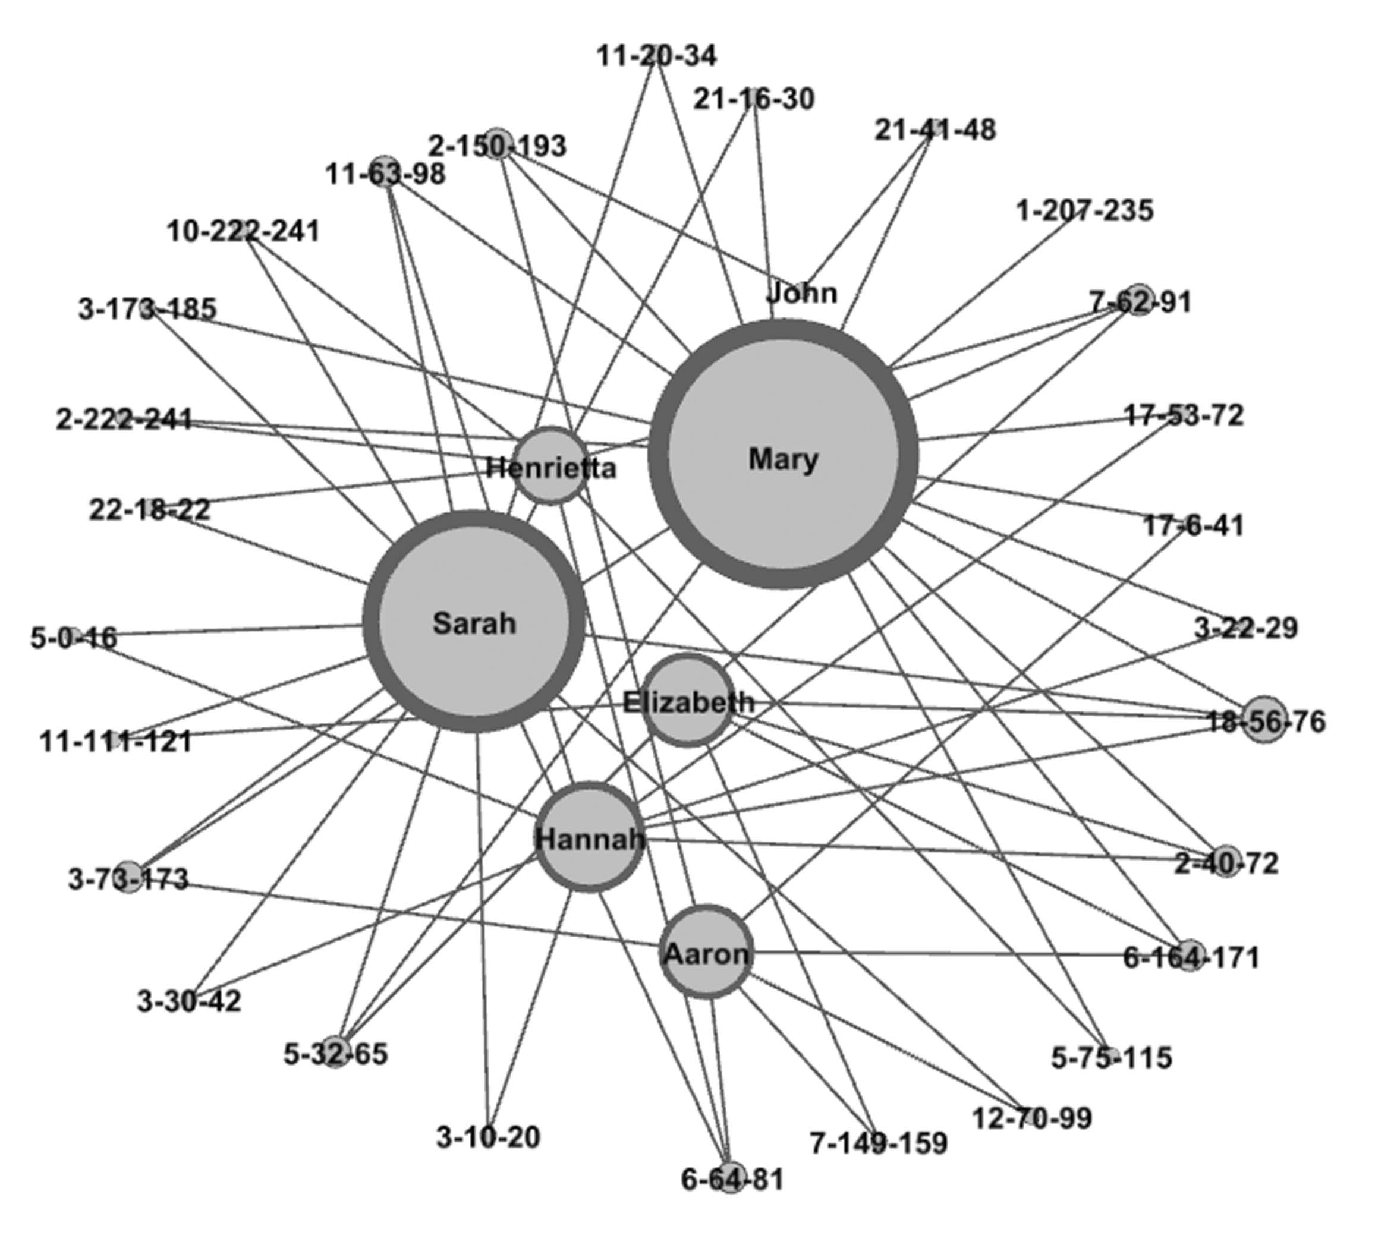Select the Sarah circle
474,623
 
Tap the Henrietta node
550,467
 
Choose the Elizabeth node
688,701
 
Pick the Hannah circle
589,837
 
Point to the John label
801,293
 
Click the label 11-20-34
657,56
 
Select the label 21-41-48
935,130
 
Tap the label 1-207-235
1084,210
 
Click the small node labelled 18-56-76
1264,720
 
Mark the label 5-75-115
1111,1058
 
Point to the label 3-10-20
488,1137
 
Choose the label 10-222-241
244,232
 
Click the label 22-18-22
149,509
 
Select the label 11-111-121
115,741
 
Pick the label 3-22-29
1245,628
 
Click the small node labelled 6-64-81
731,1178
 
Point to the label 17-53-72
1184,415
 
